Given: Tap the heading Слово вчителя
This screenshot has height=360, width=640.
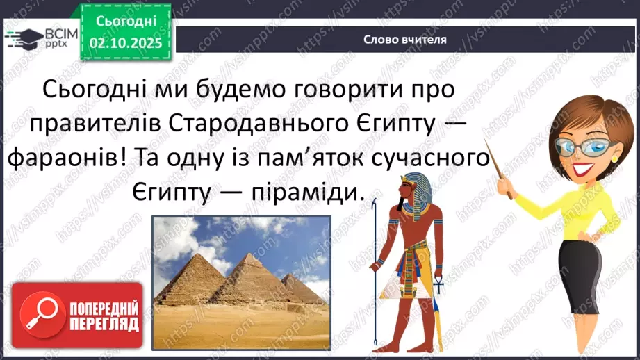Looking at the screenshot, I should pyautogui.click(x=404, y=39).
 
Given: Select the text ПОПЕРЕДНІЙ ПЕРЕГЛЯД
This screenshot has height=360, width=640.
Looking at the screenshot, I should pyautogui.click(x=104, y=316).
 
